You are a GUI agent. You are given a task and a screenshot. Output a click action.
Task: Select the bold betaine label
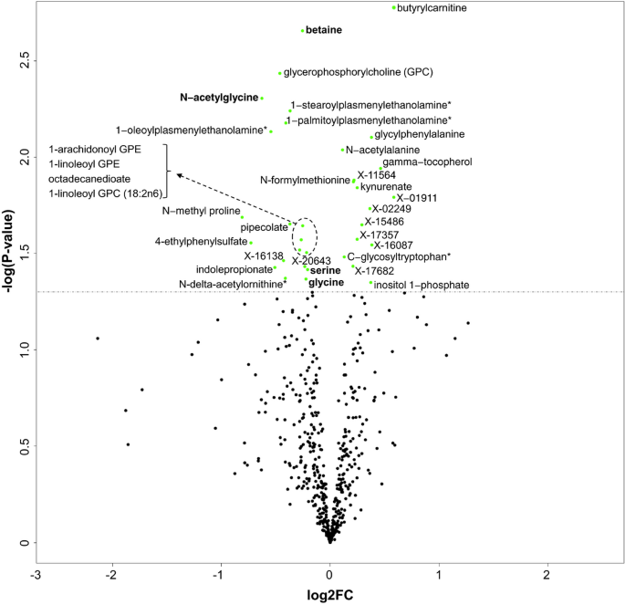tap(324, 30)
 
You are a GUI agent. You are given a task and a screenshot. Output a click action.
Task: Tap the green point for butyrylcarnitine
tap(394, 8)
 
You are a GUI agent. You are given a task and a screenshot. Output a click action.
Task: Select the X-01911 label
tap(417, 197)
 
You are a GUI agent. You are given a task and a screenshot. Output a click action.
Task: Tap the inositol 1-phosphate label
tap(421, 286)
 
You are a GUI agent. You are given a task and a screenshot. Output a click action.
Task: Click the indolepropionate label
tap(233, 269)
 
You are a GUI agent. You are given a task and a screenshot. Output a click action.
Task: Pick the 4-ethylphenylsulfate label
tap(200, 242)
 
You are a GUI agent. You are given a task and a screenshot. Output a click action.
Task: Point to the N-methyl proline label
tap(200, 212)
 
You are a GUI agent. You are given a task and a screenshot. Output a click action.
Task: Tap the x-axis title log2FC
tap(329, 594)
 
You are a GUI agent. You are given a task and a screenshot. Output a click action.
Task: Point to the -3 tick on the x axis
tap(36, 577)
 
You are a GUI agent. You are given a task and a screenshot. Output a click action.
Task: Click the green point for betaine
tap(302, 30)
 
